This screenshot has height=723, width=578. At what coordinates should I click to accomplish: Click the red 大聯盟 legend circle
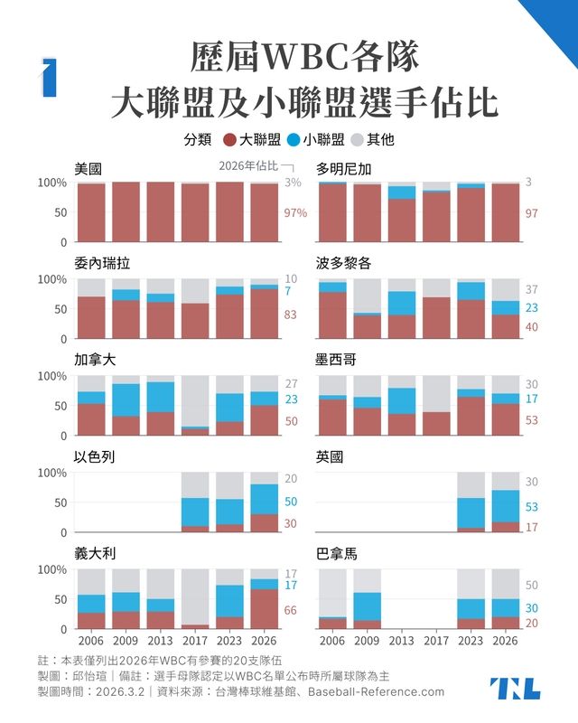(x=229, y=140)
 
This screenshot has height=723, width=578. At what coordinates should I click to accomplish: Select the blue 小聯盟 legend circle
(x=294, y=140)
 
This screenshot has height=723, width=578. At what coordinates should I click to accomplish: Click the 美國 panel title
(x=89, y=168)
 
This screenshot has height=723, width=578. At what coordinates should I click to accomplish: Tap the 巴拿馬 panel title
(x=337, y=553)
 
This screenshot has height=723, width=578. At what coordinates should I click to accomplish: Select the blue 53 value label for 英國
(x=531, y=508)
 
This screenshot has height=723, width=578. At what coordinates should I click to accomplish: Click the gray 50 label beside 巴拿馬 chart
(x=531, y=586)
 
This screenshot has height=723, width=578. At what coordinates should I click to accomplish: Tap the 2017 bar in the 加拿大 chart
(x=195, y=405)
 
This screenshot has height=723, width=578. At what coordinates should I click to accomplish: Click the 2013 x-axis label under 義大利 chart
(x=161, y=641)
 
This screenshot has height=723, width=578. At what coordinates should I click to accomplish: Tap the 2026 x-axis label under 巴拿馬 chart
(x=506, y=641)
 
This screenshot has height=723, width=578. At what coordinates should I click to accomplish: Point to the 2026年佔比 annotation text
(x=248, y=166)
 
